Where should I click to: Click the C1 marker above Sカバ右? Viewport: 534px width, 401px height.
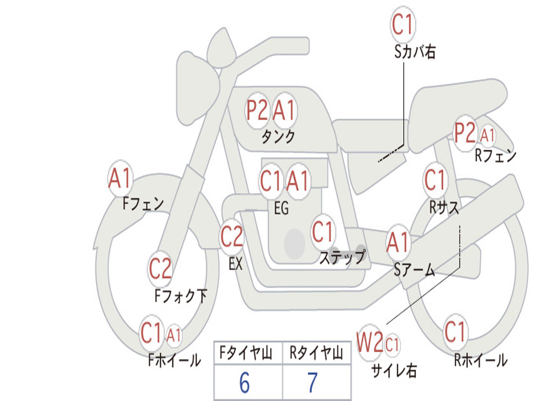[403, 24]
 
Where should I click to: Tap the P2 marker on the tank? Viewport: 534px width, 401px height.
[257, 110]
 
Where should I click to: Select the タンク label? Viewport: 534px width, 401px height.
[278, 137]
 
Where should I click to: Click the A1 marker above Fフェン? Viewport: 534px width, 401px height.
[120, 178]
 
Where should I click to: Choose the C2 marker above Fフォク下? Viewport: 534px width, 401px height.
[160, 268]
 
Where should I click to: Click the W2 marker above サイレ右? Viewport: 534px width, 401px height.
[370, 342]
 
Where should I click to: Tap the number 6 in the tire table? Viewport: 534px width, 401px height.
[245, 382]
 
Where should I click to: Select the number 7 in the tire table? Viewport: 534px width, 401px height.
[313, 382]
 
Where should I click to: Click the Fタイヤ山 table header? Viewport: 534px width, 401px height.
[246, 352]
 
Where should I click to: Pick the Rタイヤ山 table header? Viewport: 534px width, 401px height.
[316, 352]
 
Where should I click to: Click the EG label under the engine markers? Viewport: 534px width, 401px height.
[281, 208]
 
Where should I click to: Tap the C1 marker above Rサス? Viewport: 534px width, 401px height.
[435, 180]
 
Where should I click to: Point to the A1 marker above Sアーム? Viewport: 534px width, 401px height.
[397, 243]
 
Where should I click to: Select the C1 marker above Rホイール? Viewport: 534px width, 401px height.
[455, 332]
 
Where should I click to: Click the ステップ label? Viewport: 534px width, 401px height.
[342, 257]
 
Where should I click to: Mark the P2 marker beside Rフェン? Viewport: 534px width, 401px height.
[465, 133]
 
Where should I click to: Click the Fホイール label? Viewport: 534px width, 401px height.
[174, 360]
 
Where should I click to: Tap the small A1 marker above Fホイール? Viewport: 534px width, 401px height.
[174, 336]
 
